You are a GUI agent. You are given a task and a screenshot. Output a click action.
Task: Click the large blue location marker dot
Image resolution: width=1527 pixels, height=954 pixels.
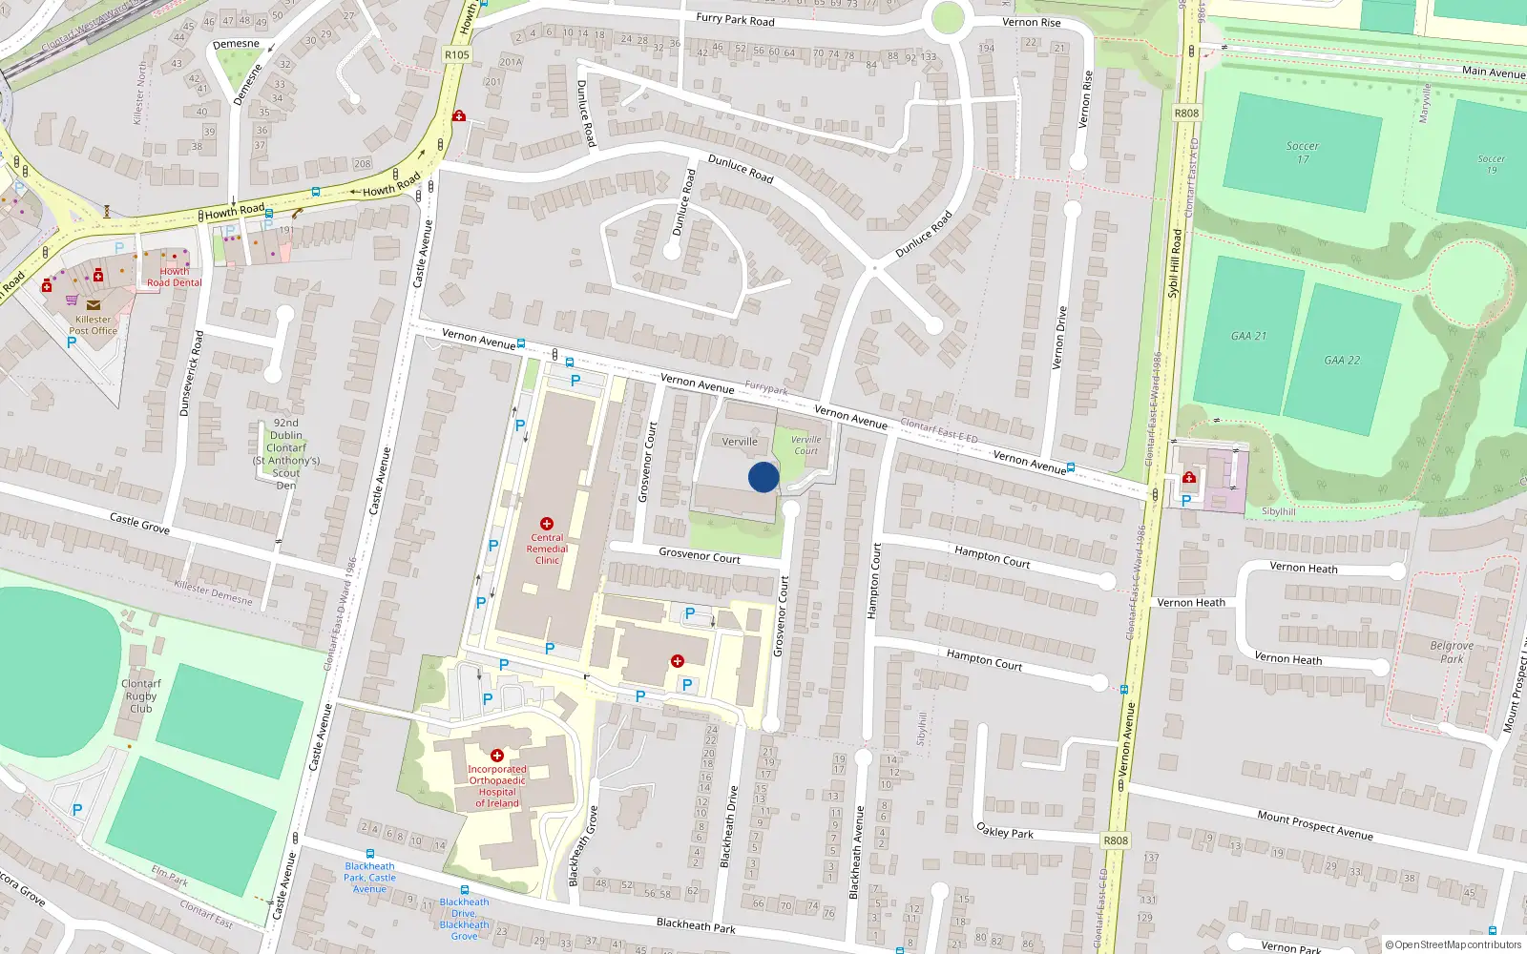click(763, 477)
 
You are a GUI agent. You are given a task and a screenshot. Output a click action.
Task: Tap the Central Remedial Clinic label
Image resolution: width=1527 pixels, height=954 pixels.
click(547, 549)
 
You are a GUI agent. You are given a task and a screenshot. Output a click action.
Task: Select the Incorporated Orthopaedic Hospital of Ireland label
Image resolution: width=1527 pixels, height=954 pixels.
click(497, 786)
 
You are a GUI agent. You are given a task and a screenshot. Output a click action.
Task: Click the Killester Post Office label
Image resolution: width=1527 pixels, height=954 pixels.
click(93, 325)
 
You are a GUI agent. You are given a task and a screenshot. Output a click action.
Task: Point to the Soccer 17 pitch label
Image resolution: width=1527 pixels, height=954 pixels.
click(1303, 153)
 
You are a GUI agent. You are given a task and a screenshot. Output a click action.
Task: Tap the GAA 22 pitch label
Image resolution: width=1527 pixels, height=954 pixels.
click(1342, 360)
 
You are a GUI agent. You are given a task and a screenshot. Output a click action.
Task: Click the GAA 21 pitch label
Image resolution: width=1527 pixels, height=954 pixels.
click(1248, 336)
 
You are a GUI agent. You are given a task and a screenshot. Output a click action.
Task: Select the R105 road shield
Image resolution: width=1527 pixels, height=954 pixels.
click(457, 54)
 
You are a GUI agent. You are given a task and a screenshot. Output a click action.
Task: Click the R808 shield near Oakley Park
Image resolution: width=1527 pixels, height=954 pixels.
click(1116, 840)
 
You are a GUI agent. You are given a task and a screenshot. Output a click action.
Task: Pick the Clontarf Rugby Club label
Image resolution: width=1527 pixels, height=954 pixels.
click(141, 696)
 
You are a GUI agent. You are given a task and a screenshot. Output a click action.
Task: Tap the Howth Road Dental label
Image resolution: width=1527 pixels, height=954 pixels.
click(175, 277)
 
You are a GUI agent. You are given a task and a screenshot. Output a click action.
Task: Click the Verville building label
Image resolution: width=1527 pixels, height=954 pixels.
click(740, 442)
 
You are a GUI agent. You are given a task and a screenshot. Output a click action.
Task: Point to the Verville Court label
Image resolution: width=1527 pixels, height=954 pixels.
click(805, 446)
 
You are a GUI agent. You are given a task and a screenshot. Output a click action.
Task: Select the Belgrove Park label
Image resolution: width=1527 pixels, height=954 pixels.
click(1452, 653)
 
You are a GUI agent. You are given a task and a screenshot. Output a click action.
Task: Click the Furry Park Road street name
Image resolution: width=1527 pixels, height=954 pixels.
click(735, 19)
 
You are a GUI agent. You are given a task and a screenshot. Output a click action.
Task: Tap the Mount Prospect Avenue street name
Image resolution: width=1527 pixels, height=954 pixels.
click(1315, 825)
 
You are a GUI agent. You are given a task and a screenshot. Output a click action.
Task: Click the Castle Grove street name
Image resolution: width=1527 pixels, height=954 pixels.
click(139, 523)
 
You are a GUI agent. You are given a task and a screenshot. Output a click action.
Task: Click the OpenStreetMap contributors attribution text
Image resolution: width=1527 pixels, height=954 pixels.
click(1454, 944)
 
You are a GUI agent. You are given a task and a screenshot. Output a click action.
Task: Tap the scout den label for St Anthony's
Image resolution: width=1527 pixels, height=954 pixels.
click(286, 454)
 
